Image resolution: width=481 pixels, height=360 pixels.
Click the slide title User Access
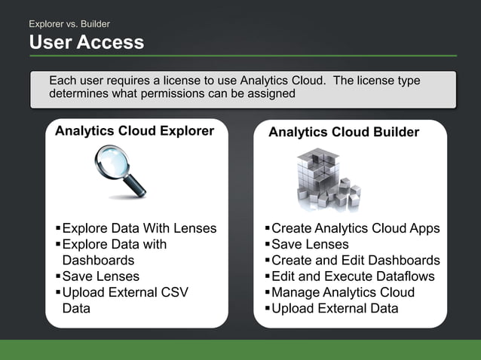tap(86, 43)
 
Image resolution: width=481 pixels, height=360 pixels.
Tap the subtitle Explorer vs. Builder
tap(69, 24)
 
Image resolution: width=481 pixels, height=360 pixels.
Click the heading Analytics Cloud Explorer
tap(134, 131)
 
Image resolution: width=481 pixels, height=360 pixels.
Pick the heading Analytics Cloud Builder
tap(344, 132)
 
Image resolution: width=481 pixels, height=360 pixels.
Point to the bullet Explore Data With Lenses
tap(139, 228)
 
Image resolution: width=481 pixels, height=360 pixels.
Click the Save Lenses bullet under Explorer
tap(100, 276)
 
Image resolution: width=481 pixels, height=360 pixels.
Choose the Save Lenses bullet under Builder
tap(310, 244)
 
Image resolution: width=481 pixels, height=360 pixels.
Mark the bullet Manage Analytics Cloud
tap(343, 292)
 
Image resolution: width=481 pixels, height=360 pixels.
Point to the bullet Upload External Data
tap(335, 308)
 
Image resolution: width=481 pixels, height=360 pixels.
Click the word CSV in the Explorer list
tap(173, 292)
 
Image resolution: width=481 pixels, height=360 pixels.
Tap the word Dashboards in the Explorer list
tap(98, 261)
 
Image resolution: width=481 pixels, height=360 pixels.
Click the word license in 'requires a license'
tap(173, 81)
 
